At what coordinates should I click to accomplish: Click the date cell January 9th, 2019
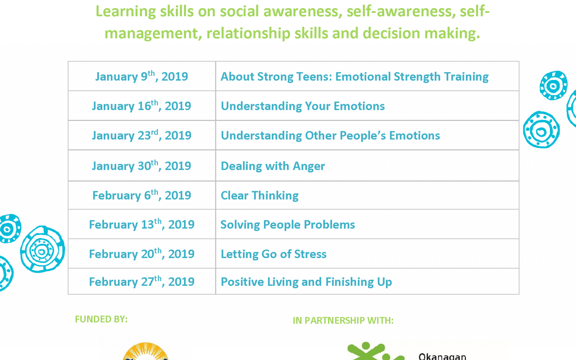tap(142, 76)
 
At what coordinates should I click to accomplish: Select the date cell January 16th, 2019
tap(142, 106)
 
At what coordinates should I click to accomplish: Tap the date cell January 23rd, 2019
tap(142, 135)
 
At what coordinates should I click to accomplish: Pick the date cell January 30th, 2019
tap(142, 166)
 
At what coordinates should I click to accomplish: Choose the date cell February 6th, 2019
tap(142, 195)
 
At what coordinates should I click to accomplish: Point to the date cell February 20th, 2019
tap(142, 254)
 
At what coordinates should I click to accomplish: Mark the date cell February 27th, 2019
tap(142, 282)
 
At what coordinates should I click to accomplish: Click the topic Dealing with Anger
tap(273, 166)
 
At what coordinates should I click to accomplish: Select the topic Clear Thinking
tap(260, 195)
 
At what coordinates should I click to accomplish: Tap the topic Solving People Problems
tap(288, 225)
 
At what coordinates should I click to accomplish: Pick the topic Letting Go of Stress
tap(274, 254)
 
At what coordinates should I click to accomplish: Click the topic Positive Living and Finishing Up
tap(306, 282)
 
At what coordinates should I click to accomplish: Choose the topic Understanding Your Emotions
tap(303, 106)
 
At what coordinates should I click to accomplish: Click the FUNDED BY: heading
tap(101, 319)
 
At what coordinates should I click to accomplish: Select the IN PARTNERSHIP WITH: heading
tap(343, 321)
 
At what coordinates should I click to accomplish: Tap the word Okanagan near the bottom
tap(442, 356)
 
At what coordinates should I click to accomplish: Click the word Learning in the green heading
tap(126, 12)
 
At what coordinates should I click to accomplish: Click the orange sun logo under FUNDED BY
tap(145, 351)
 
